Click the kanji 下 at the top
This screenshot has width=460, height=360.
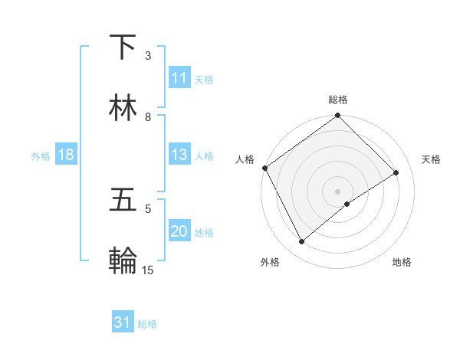[x=123, y=47]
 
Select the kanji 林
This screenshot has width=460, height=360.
[x=123, y=108]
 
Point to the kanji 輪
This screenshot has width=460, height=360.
[x=123, y=261]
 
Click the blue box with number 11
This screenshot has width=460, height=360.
[x=179, y=78]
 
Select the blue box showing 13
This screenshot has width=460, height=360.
[x=179, y=155]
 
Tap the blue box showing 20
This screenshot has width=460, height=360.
[x=179, y=231]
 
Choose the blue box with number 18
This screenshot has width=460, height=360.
[x=66, y=155]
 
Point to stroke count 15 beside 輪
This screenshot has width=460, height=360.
[x=148, y=270]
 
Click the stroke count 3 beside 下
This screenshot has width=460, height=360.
[x=148, y=55]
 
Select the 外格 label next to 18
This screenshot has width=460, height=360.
[x=41, y=155]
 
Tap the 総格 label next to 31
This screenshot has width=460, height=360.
[x=147, y=323]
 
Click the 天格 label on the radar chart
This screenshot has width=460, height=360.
[x=432, y=159]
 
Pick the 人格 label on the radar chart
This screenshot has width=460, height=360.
[x=245, y=159]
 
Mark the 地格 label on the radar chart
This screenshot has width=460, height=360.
[x=402, y=262]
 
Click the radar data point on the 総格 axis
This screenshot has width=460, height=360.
[x=337, y=116]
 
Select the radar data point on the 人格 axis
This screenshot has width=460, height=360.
[x=265, y=168]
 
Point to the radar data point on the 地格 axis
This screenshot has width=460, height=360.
[x=347, y=204]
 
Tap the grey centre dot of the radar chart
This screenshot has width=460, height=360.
[x=337, y=191]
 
